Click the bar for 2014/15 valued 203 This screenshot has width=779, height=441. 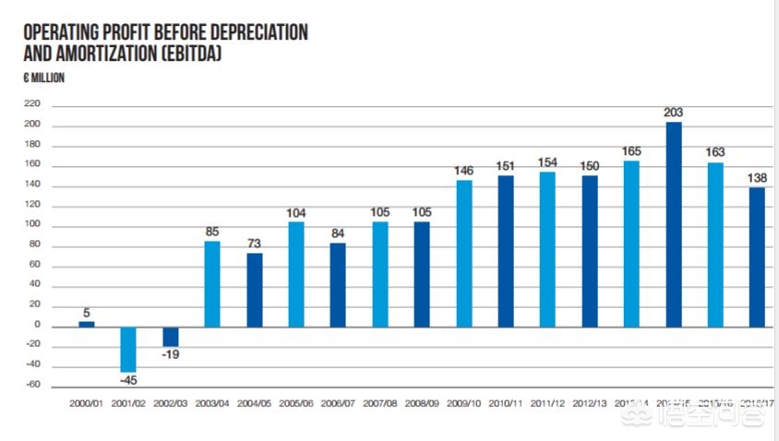click(674, 224)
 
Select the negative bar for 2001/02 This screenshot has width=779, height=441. click(128, 349)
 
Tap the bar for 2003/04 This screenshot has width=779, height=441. click(212, 283)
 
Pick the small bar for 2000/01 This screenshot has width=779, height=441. click(87, 323)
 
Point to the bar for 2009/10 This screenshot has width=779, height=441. click(464, 253)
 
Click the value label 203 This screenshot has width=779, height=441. click(674, 113)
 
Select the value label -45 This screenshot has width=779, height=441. click(128, 379)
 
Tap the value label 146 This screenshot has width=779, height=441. click(464, 171)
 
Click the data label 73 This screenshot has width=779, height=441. click(254, 243)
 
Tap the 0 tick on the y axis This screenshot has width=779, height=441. click(37, 326)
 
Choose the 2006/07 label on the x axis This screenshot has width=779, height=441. click(338, 403)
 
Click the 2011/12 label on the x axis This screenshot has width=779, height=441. click(547, 403)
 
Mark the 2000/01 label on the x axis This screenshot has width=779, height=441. click(87, 403)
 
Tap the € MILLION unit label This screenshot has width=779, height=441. click(43, 78)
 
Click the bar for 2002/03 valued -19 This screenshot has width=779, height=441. click(171, 336)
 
